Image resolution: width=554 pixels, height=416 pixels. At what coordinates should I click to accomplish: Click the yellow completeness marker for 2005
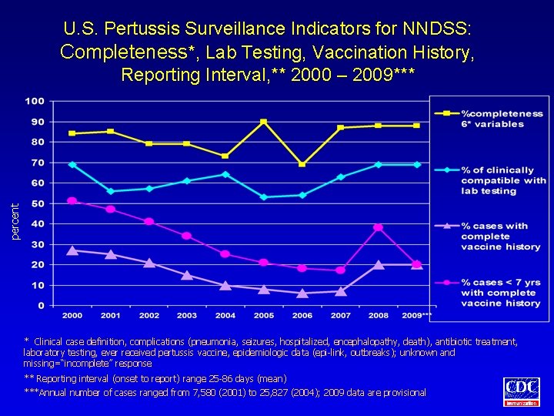point(263,122)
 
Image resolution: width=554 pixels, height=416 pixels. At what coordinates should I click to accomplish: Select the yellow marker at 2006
point(302,164)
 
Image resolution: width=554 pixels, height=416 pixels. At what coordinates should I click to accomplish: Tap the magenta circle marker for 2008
point(378,227)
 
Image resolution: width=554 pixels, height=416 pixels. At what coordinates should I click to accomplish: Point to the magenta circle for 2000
point(72,201)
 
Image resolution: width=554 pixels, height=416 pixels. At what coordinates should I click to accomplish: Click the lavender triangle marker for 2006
point(302,293)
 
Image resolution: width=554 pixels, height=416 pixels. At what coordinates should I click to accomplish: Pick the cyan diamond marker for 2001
point(111,191)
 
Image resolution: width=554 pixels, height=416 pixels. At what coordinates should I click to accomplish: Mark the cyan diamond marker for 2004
point(225,174)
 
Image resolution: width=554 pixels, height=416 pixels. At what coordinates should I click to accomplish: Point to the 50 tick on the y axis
point(36,203)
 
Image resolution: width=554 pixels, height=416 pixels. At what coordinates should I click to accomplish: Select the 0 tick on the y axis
point(39,306)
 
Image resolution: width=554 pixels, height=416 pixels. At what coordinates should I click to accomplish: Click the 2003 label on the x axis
point(187,316)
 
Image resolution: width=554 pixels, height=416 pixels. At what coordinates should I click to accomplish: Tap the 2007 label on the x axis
point(340,316)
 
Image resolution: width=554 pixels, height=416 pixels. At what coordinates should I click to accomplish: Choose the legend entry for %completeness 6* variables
point(502,119)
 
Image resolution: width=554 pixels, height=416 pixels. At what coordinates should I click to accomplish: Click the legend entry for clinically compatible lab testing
point(503,180)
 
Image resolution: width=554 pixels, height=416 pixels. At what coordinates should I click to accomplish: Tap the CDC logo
point(522,391)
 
